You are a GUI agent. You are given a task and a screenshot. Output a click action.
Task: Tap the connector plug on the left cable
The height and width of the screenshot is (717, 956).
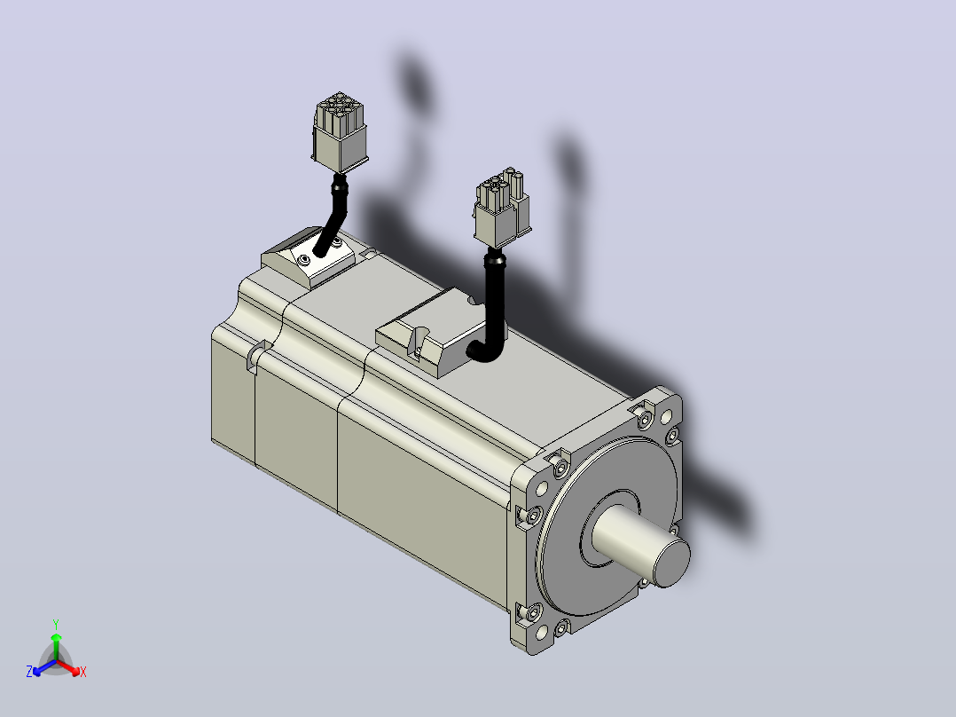(340, 132)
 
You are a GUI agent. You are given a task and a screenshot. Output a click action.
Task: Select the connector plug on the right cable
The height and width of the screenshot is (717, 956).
(502, 208)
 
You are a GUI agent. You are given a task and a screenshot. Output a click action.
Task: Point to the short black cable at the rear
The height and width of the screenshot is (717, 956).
(333, 214)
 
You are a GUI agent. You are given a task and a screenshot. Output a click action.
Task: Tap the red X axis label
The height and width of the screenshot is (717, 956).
(83, 672)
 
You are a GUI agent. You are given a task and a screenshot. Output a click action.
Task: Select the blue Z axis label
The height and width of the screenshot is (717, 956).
(28, 672)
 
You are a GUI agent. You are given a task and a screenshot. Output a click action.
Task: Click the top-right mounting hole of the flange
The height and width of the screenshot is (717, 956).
(666, 417)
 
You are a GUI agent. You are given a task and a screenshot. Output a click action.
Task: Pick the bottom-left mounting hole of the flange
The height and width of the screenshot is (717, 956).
(541, 634)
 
